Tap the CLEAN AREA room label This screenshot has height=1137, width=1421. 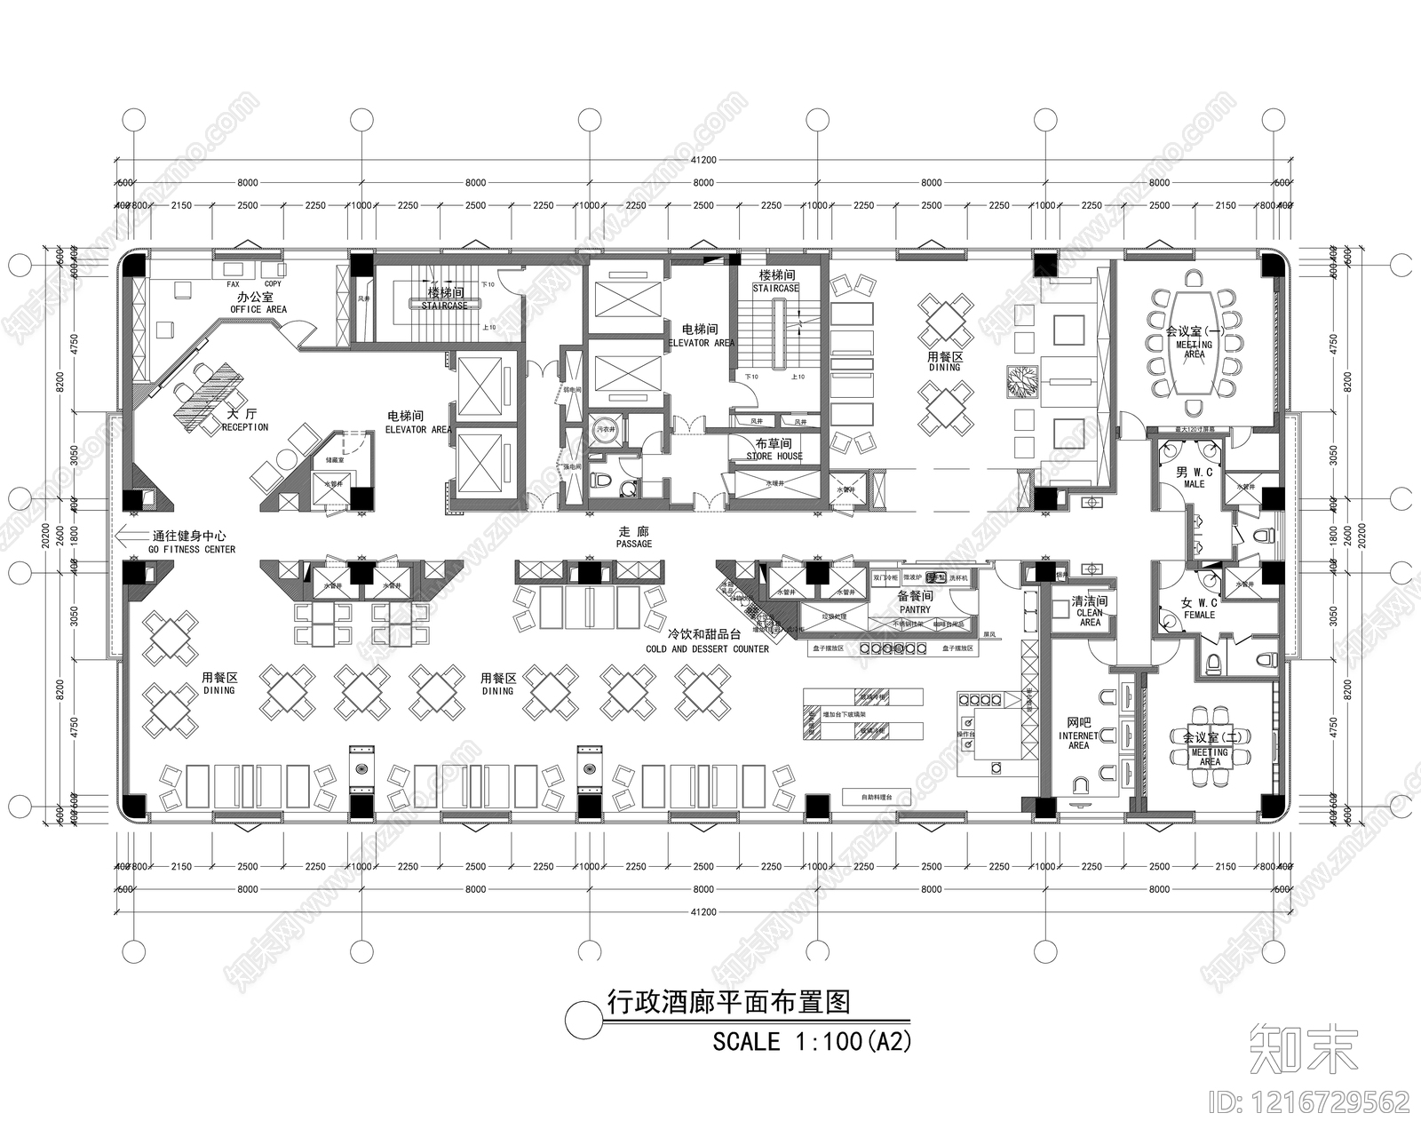(x=1090, y=612)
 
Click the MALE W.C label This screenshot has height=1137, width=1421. (x=1195, y=478)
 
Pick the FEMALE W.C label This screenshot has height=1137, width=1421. (x=1199, y=608)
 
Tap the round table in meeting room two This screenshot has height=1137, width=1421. (x=1210, y=751)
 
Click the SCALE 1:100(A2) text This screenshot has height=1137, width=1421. (x=812, y=1041)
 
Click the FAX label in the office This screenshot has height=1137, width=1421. (x=233, y=284)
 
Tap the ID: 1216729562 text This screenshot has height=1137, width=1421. (x=1310, y=1102)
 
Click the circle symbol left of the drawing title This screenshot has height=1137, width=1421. (x=583, y=1018)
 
